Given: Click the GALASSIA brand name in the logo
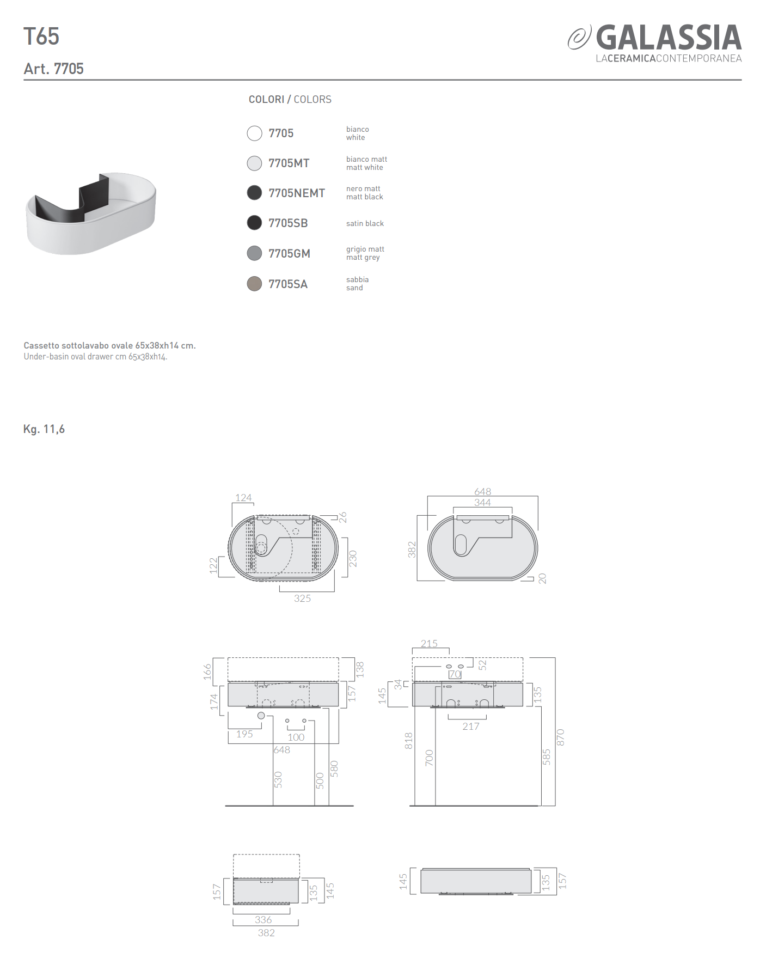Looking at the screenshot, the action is [x=669, y=38].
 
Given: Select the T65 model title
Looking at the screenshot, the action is [x=41, y=36].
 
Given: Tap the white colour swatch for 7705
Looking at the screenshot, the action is [x=254, y=133].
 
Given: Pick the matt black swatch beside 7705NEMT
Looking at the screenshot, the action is [x=254, y=193].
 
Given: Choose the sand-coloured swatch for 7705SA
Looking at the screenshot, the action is [x=254, y=284].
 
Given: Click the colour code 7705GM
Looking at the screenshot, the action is [x=289, y=254].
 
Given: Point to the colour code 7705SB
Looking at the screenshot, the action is [x=288, y=223].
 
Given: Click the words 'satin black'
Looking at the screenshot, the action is [x=365, y=223].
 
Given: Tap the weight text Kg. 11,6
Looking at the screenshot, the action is [x=44, y=429].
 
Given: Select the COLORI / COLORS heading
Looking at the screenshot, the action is [x=290, y=100].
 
